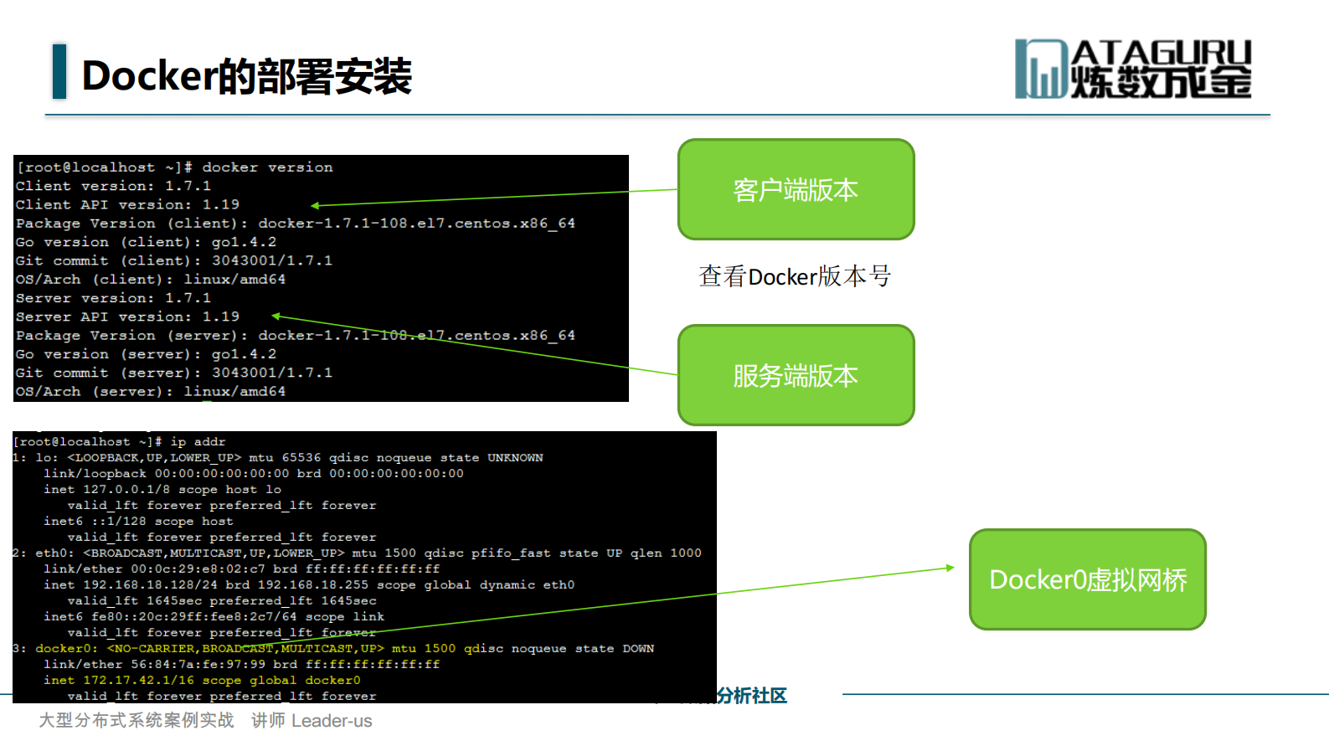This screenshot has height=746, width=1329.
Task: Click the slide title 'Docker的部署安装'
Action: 246,76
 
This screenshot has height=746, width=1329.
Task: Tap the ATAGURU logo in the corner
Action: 1133,69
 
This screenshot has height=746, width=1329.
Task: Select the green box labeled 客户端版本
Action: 796,190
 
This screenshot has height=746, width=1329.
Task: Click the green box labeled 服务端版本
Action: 796,375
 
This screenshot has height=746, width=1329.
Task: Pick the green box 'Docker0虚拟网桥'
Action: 1087,579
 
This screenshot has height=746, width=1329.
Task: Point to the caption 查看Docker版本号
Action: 794,276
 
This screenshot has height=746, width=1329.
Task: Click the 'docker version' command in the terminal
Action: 267,167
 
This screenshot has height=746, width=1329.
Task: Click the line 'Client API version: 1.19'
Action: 127,204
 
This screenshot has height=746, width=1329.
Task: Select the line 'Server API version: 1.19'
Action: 127,316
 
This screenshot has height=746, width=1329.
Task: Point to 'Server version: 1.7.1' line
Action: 113,298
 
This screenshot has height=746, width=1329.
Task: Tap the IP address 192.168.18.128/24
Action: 150,585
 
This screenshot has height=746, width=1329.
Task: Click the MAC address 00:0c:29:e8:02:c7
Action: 198,569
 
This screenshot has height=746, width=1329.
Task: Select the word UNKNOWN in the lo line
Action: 515,458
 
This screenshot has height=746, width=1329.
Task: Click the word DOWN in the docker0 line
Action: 638,649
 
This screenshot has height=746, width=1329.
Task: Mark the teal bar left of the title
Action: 59,71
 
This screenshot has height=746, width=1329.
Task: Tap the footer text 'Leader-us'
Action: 332,721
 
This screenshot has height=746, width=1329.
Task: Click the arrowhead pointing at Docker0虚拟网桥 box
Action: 950,568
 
